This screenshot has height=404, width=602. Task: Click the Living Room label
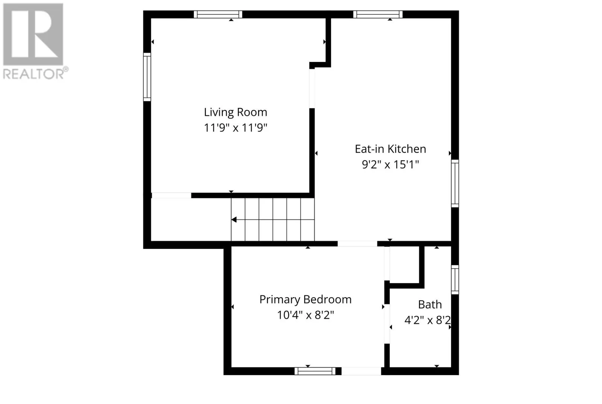(236, 112)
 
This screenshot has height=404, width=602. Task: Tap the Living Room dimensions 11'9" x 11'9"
(236, 128)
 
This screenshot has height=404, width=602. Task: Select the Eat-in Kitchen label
(390, 149)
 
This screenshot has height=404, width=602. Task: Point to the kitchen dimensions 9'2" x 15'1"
(390, 164)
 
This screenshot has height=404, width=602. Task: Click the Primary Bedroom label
(305, 300)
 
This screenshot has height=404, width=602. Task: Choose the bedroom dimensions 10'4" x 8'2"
(305, 315)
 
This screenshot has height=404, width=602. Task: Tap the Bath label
(430, 304)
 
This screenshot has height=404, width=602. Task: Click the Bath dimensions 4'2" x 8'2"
(427, 320)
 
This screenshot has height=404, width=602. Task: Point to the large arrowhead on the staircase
(234, 219)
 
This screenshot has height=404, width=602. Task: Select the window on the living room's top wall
(218, 14)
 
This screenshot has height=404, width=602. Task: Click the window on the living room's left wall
(147, 77)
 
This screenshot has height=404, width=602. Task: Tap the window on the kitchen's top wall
(378, 14)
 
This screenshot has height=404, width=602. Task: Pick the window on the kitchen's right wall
(455, 183)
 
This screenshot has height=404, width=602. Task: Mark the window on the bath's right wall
(455, 280)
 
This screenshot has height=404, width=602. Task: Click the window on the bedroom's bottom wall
(315, 371)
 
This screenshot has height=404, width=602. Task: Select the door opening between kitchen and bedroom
(357, 244)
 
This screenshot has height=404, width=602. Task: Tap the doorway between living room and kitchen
(312, 89)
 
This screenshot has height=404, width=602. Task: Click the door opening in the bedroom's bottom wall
(361, 371)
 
